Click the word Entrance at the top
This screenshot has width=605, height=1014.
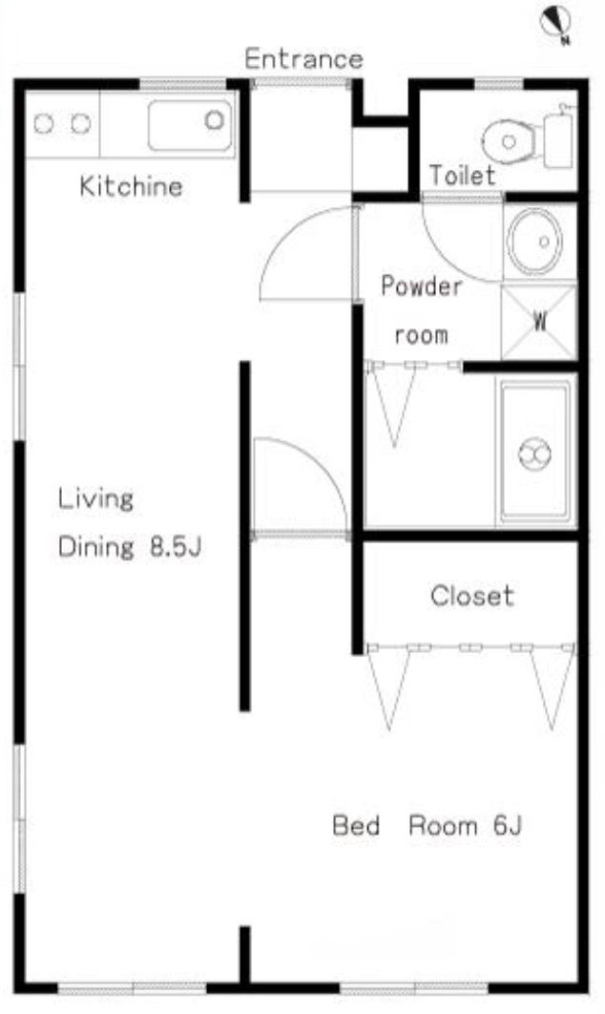(x=303, y=59)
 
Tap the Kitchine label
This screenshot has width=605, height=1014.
(x=132, y=186)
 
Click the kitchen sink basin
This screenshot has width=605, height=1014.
(x=191, y=125)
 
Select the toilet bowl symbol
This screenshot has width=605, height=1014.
(x=509, y=141)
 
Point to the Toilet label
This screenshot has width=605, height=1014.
(x=462, y=176)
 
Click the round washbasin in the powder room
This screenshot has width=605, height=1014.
(x=534, y=242)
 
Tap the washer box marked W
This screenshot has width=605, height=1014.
(x=539, y=322)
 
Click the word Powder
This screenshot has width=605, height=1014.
(x=422, y=285)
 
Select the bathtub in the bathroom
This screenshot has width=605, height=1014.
(x=535, y=452)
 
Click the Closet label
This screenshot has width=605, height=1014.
(x=472, y=596)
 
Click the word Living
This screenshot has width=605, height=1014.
(x=95, y=498)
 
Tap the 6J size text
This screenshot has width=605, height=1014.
(x=507, y=825)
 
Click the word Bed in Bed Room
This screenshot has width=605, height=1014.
(x=356, y=825)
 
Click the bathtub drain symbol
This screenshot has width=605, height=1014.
(x=535, y=454)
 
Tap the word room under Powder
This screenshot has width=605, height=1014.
(x=422, y=336)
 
